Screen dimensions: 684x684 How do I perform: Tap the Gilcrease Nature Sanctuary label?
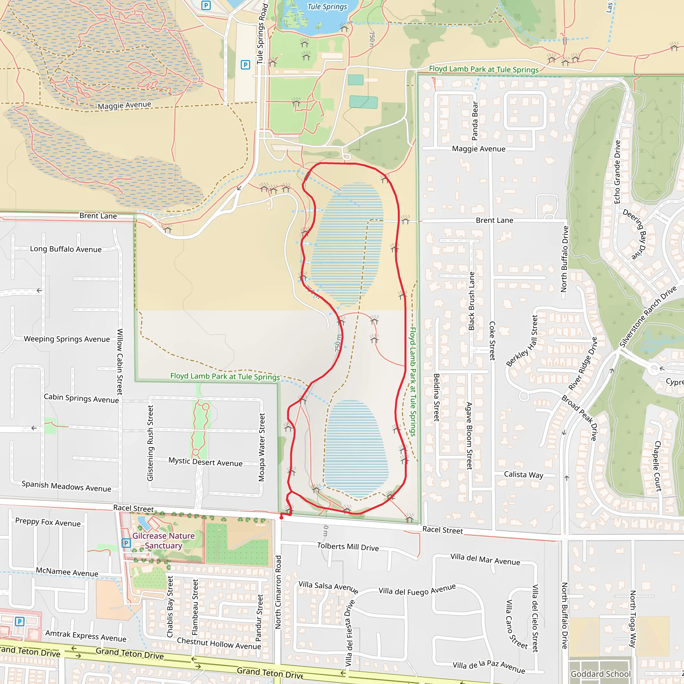coord(164,541)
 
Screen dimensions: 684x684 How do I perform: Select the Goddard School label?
coord(601,674)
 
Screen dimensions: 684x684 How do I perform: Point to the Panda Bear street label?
coord(475,121)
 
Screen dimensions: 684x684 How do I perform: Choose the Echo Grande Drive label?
coord(618,172)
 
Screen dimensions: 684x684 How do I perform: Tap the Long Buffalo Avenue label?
coord(66,249)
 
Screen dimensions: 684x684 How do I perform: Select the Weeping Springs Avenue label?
coord(67,339)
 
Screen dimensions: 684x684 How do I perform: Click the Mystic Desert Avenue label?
coord(205,462)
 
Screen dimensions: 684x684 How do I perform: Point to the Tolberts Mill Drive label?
coord(348,547)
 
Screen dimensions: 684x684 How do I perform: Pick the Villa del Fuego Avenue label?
coord(417,589)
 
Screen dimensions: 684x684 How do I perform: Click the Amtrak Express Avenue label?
coord(86,636)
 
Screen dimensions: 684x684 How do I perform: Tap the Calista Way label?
coord(523,475)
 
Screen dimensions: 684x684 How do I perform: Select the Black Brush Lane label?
coord(471,301)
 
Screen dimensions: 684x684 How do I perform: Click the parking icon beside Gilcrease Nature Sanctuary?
coord(126,543)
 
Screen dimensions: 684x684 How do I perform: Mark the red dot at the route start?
coord(282,518)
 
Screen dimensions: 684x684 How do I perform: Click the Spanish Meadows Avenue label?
coord(66,486)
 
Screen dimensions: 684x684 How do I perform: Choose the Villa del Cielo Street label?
coord(535,618)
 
